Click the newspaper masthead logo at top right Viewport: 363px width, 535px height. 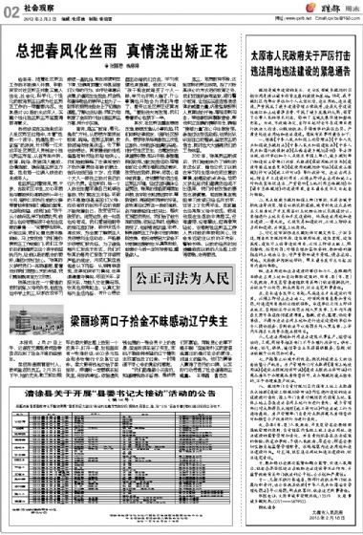tap(330, 10)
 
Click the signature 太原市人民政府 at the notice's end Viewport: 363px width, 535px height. tap(335, 517)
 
